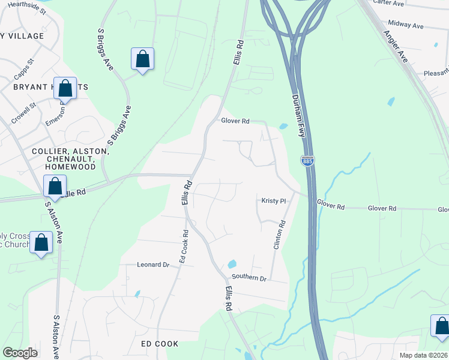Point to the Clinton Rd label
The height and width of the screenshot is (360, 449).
(x=278, y=235)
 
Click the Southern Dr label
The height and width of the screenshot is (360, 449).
(x=249, y=278)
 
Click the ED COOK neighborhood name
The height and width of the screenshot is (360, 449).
(x=160, y=344)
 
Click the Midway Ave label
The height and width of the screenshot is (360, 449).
(x=406, y=26)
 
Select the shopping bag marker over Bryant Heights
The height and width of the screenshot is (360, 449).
(x=65, y=88)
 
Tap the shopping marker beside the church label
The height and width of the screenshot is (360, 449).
(x=41, y=243)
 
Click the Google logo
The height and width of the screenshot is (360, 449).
(x=20, y=352)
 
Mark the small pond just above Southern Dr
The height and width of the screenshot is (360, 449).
(x=232, y=264)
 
